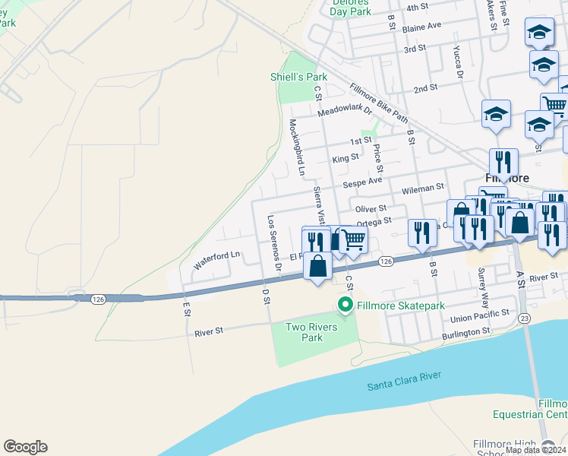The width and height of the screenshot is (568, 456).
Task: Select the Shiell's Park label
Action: click(x=299, y=77)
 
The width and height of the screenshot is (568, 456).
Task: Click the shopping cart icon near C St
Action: click(x=353, y=239)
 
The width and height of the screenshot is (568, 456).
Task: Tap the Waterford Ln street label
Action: click(x=216, y=260)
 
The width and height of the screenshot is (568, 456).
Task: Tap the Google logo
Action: click(x=25, y=447)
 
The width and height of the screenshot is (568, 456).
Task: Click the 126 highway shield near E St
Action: click(x=97, y=300)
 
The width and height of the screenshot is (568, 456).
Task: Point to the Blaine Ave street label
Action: click(x=422, y=26)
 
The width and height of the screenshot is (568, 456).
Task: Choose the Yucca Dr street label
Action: click(x=458, y=64)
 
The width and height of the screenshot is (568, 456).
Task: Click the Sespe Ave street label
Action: click(x=362, y=182)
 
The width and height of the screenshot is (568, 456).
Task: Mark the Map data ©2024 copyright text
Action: click(x=535, y=450)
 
